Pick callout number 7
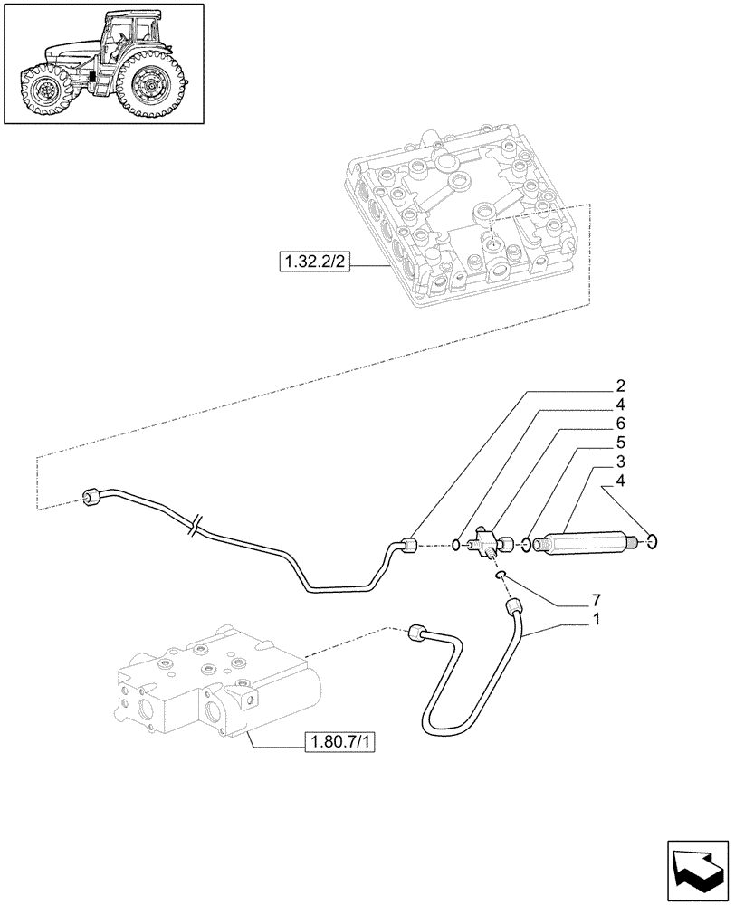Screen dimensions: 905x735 click(x=595, y=600)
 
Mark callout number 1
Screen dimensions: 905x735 click(x=595, y=620)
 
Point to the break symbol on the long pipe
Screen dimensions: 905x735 click(x=196, y=525)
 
